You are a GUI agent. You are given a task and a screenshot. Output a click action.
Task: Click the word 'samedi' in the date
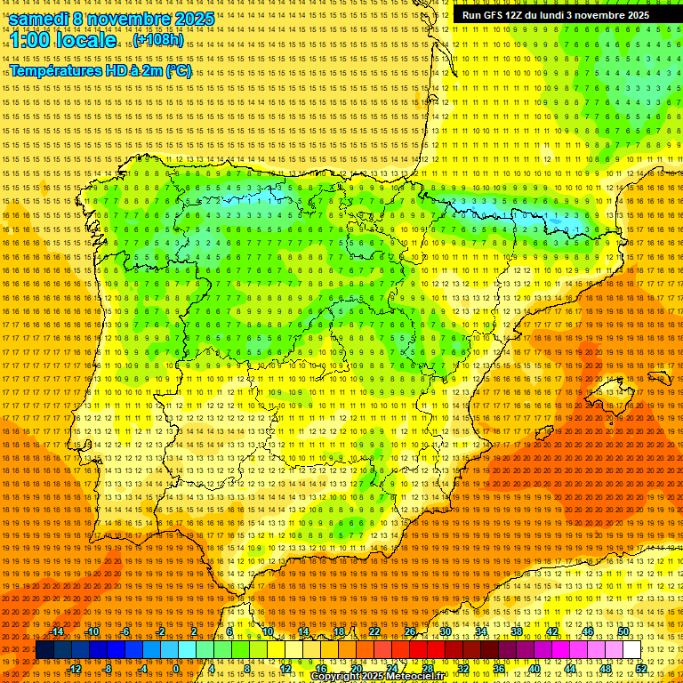coord(39,19)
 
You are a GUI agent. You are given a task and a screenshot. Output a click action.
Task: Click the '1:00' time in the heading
coord(30,40)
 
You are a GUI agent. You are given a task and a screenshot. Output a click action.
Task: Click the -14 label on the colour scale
coord(59,631)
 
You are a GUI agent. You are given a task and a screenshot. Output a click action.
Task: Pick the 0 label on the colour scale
coord(176,669)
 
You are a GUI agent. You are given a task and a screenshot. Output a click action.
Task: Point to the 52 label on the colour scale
coord(640,669)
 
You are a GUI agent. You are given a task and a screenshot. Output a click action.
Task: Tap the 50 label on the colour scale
coord(623,631)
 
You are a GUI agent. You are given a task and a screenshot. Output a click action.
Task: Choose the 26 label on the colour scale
coord(410,631)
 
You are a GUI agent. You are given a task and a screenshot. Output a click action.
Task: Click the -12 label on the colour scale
coord(76,669)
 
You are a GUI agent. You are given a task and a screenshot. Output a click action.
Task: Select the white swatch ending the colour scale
coord(631,650)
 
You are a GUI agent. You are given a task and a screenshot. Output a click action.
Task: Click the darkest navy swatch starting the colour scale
coord(44,650)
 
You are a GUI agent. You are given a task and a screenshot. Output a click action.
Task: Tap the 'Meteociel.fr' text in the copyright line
coord(414,677)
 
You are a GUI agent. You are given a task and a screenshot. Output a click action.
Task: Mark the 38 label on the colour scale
coord(517,631)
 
